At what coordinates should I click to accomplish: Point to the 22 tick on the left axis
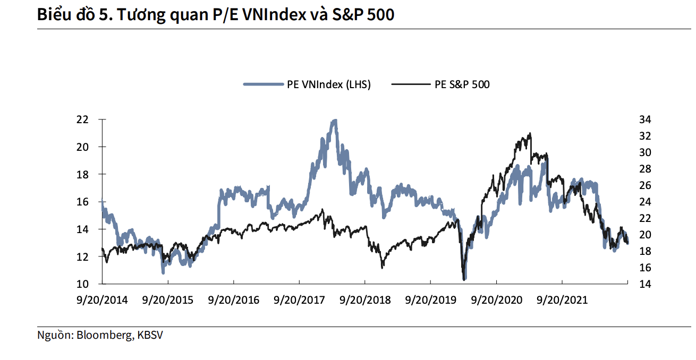(81, 119)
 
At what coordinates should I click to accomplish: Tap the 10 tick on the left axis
(81, 284)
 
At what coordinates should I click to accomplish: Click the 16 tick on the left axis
(81, 202)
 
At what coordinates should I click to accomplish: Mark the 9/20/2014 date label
(101, 300)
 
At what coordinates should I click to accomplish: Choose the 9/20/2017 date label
(299, 300)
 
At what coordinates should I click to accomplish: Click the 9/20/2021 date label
(562, 300)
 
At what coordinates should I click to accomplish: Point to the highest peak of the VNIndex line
(334, 121)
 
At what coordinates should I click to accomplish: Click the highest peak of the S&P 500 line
(530, 134)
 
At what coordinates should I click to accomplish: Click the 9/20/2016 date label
(233, 300)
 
